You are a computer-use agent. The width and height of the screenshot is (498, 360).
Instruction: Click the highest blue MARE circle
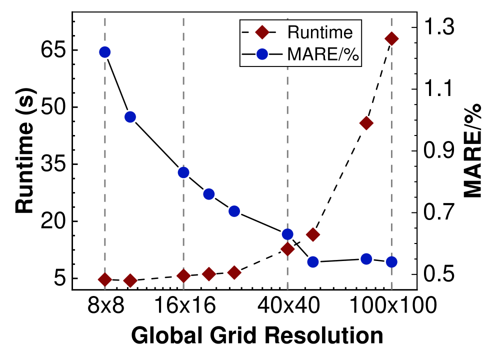click(x=104, y=52)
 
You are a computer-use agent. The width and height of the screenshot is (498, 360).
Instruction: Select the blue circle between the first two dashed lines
click(x=130, y=117)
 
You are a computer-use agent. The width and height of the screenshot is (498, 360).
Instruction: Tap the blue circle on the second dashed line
click(x=183, y=172)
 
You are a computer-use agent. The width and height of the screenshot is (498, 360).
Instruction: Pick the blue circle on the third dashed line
click(x=287, y=234)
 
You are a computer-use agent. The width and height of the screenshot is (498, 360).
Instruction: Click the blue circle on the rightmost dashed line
click(x=391, y=261)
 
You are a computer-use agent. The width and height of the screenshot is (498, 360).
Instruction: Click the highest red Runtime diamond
click(x=391, y=38)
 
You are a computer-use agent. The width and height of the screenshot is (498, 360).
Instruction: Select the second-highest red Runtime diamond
click(x=366, y=123)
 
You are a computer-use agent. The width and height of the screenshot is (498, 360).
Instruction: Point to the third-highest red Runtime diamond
click(x=313, y=234)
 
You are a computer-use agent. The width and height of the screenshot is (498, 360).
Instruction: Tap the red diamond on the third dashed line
click(x=287, y=249)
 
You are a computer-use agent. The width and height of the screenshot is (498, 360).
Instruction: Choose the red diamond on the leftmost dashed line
click(x=104, y=279)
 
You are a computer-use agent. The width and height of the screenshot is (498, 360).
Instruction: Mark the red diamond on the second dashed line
click(x=183, y=276)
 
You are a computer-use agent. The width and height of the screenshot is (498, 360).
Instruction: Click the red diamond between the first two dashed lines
click(x=130, y=281)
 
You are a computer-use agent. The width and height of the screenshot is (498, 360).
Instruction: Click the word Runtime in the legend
click(x=320, y=32)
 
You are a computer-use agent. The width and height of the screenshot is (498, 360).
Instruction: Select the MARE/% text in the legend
click(x=322, y=54)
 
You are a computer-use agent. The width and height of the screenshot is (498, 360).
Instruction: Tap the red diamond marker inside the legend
click(x=262, y=32)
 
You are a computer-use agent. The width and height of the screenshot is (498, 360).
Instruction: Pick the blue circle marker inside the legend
click(x=262, y=54)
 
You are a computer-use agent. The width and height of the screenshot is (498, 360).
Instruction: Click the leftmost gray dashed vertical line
click(x=104, y=150)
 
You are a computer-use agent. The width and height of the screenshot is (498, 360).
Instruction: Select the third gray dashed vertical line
click(x=287, y=150)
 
